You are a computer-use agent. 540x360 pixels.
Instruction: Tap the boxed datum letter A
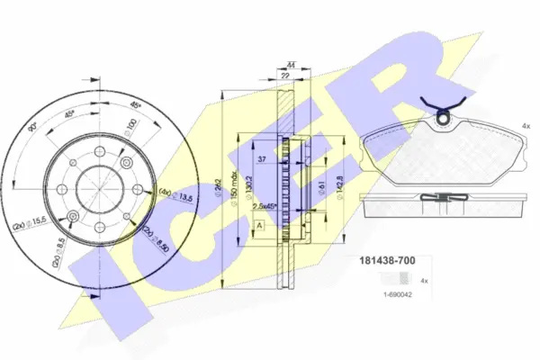click(x=260, y=224)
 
